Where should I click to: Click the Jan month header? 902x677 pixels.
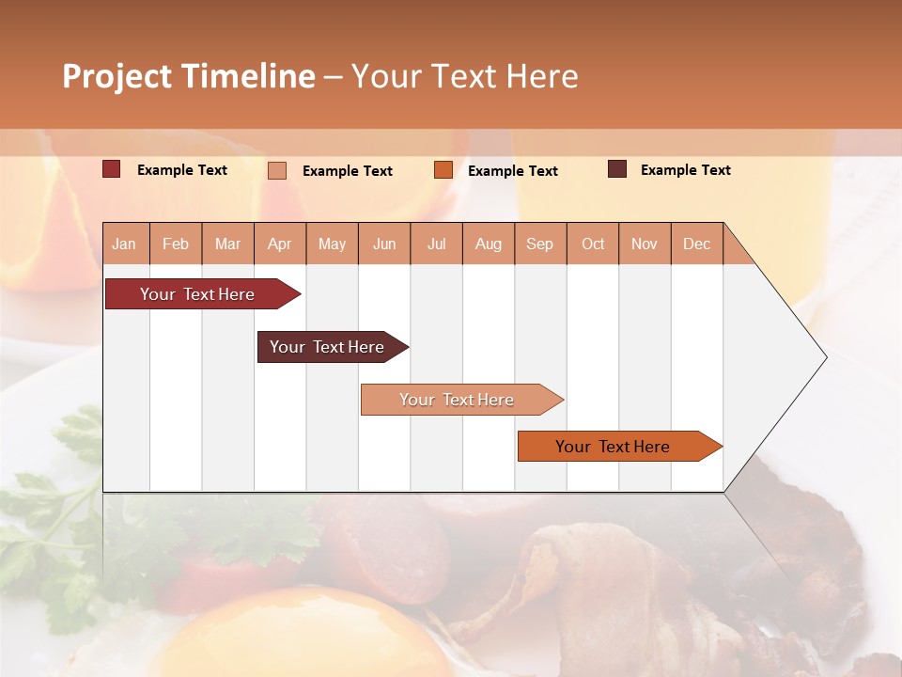pyautogui.click(x=125, y=244)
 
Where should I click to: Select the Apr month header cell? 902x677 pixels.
pyautogui.click(x=280, y=244)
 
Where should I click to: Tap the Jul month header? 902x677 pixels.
pyautogui.click(x=436, y=244)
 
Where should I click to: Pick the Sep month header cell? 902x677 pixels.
pyautogui.click(x=540, y=244)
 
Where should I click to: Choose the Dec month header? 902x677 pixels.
pyautogui.click(x=696, y=244)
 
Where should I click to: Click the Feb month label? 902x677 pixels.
pyautogui.click(x=176, y=244)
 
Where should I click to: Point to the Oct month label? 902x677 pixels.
pyautogui.click(x=593, y=244)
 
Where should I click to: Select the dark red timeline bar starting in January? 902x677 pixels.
pyautogui.click(x=197, y=294)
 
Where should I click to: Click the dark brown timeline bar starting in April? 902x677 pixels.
pyautogui.click(x=327, y=347)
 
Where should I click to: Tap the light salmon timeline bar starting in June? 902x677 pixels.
pyautogui.click(x=457, y=400)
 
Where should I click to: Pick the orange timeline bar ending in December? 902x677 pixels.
pyautogui.click(x=613, y=447)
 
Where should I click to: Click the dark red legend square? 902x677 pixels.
pyautogui.click(x=111, y=169)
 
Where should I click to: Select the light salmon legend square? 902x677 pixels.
pyautogui.click(x=277, y=170)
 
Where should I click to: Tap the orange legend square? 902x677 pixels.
pyautogui.click(x=443, y=169)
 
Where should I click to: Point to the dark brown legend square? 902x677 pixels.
pyautogui.click(x=617, y=169)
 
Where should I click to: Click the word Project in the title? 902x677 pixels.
pyautogui.click(x=117, y=76)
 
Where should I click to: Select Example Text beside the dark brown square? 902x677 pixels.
pyautogui.click(x=685, y=170)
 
